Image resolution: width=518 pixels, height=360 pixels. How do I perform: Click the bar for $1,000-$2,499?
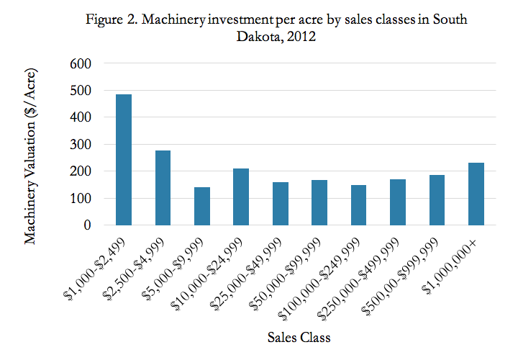point(124,160)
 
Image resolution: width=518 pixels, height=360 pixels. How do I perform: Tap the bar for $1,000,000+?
point(475,194)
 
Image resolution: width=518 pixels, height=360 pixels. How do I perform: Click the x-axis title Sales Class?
point(298,337)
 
